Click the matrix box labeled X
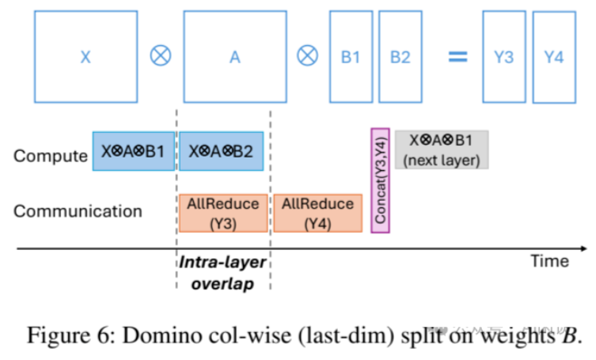(x=85, y=57)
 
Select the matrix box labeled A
(x=235, y=57)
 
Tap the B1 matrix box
(x=351, y=57)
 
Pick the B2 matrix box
(x=400, y=57)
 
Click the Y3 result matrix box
(x=504, y=57)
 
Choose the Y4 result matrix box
(x=554, y=57)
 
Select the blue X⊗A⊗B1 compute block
(x=133, y=151)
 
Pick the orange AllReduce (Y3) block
(x=223, y=213)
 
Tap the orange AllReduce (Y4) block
(x=317, y=213)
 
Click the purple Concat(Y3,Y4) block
(x=380, y=181)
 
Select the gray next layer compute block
(x=442, y=150)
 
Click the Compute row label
(x=50, y=155)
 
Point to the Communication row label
(x=78, y=211)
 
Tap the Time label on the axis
(x=549, y=261)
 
